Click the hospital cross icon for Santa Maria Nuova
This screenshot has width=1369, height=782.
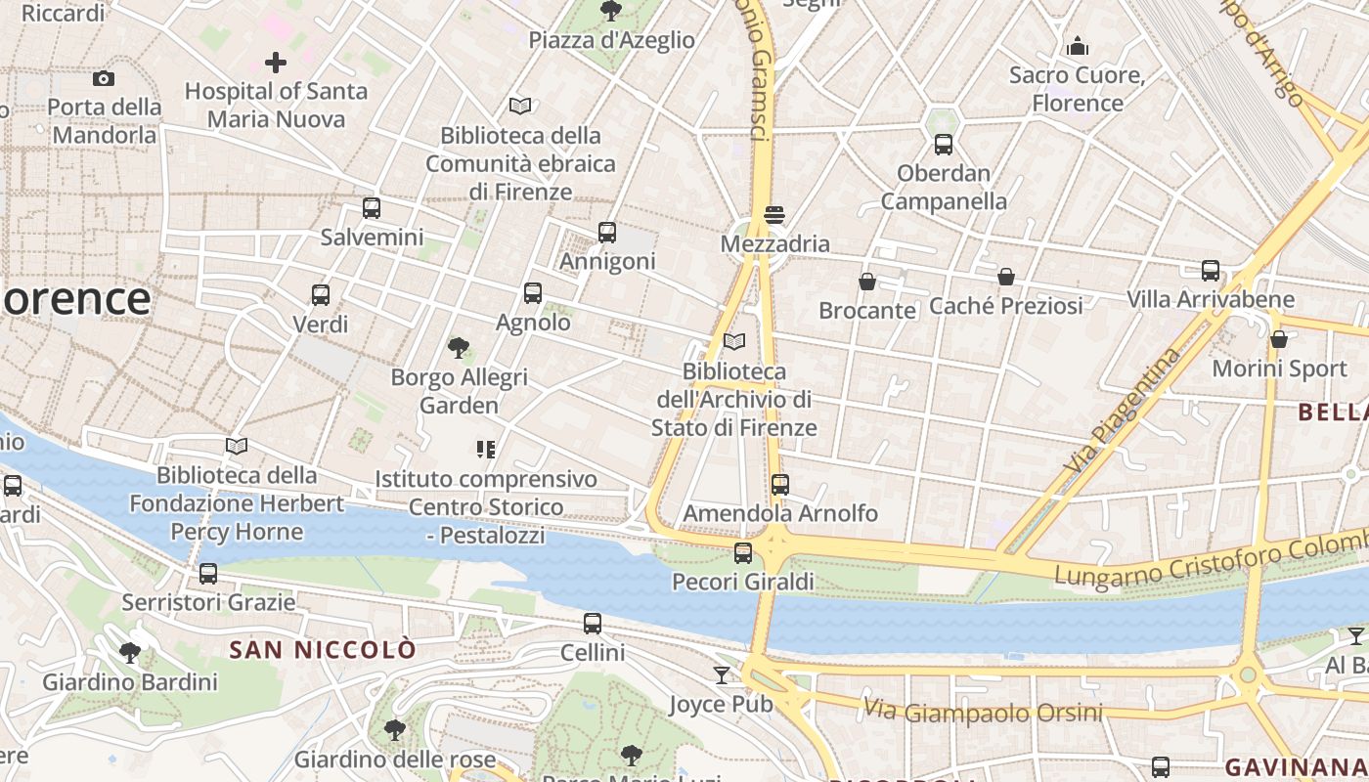coord(276,64)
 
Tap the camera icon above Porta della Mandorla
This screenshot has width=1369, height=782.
coord(104,78)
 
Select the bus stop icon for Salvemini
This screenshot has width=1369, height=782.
coord(372,207)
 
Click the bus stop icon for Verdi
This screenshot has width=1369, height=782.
coord(320,294)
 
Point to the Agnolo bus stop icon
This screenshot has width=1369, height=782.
coord(533,292)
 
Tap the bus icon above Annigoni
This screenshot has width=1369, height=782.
coord(607,233)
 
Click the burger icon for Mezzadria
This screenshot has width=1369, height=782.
coord(774,214)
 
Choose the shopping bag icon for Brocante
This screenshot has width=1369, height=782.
coord(866,282)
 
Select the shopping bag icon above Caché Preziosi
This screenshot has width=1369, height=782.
coord(1005,277)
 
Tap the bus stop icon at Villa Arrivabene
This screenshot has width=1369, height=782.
coord(1211,270)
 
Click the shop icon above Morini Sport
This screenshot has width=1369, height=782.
coord(1278,339)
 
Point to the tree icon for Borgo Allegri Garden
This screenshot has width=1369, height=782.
coord(458,347)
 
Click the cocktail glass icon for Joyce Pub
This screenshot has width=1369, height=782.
coord(722,674)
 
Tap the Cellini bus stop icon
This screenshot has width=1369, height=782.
coord(593,623)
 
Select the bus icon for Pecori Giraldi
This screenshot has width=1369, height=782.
coord(743,553)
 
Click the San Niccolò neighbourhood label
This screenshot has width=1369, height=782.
coord(323,649)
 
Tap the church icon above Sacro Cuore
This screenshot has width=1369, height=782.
coord(1078,46)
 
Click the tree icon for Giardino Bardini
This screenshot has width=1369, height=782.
coord(129,652)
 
